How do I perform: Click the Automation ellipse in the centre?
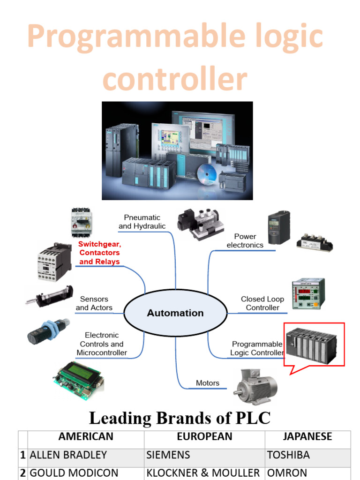(175, 313)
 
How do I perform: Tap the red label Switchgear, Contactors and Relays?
(99, 253)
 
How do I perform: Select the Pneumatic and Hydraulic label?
(142, 222)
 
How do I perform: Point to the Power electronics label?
(245, 240)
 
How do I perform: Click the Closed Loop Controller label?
(262, 303)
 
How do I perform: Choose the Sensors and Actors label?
(94, 303)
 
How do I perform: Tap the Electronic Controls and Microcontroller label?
(102, 344)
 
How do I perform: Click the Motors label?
(208, 383)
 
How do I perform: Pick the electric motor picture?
(255, 386)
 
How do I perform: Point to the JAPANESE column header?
(307, 436)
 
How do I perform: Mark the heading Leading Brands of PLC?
(180, 418)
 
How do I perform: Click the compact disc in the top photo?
(207, 174)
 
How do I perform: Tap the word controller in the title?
(175, 79)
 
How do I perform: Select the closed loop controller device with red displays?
(308, 294)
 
